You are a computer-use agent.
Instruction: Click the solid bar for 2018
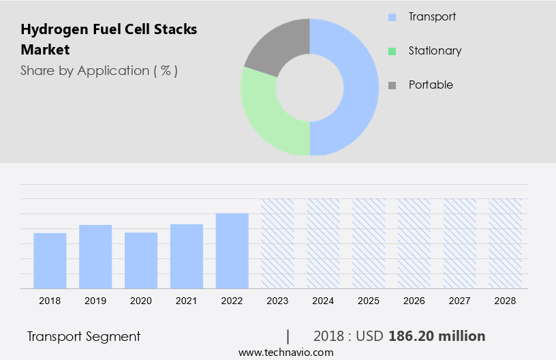pyautogui.click(x=50, y=260)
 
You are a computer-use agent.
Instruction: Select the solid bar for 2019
pyautogui.click(x=95, y=256)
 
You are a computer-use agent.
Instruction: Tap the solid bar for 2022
pyautogui.click(x=232, y=250)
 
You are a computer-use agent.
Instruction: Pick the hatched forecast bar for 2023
pyautogui.click(x=278, y=243)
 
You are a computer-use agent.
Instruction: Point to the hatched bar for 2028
pyautogui.click(x=506, y=243)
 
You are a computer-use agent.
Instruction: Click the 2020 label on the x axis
pyautogui.click(x=141, y=301)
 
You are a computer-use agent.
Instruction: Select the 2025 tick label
pyautogui.click(x=369, y=301)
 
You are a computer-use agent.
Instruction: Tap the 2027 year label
pyautogui.click(x=461, y=301)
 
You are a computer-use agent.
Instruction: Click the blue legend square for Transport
pyautogui.click(x=392, y=17)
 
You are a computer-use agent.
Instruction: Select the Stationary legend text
pyautogui.click(x=435, y=50)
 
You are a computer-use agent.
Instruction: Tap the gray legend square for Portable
pyautogui.click(x=392, y=85)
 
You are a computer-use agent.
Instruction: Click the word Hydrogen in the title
pyautogui.click(x=52, y=29)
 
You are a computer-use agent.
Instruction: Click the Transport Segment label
pyautogui.click(x=84, y=336)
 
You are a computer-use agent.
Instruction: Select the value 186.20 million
pyautogui.click(x=437, y=336)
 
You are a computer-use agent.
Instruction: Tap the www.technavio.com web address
pyautogui.click(x=286, y=352)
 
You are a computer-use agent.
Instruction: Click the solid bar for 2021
pyautogui.click(x=187, y=256)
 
